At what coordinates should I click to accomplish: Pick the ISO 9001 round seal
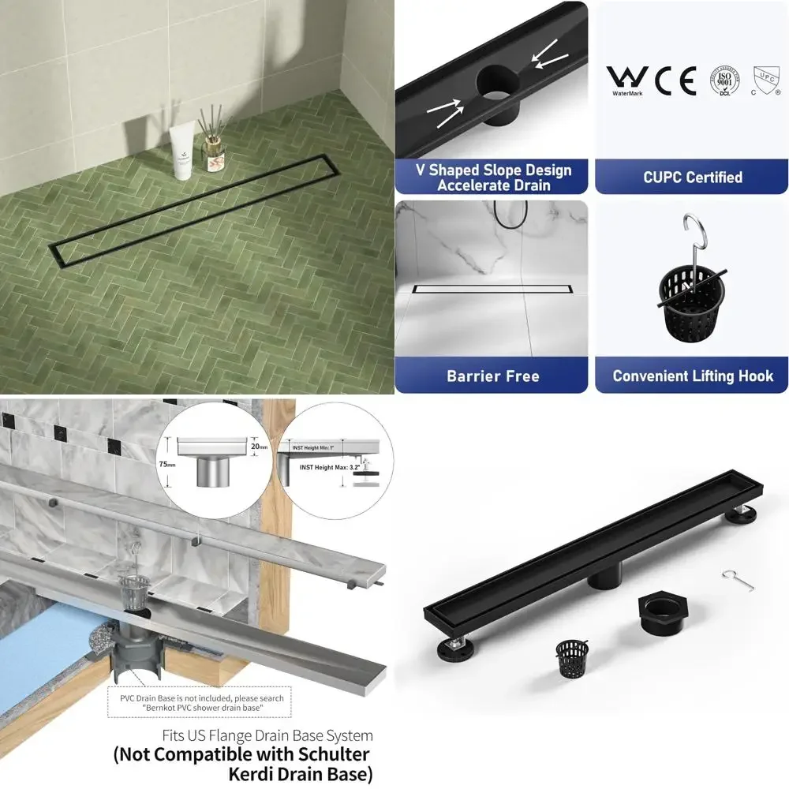(x=725, y=81)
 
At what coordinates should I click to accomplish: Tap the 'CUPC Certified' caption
(x=692, y=178)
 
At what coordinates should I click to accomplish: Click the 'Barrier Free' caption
(x=492, y=376)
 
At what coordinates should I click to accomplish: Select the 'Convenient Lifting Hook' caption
(x=692, y=376)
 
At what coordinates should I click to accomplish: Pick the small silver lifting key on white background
(x=733, y=578)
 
